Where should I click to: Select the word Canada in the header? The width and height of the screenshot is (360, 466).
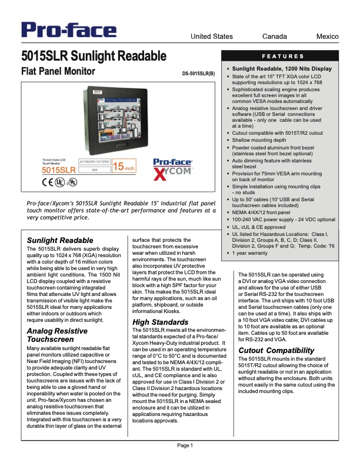point(275,36)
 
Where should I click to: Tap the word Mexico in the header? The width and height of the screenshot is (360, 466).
point(328,36)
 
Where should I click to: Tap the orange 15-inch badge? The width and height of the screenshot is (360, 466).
point(125,167)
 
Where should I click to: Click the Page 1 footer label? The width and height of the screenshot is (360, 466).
point(186,445)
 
